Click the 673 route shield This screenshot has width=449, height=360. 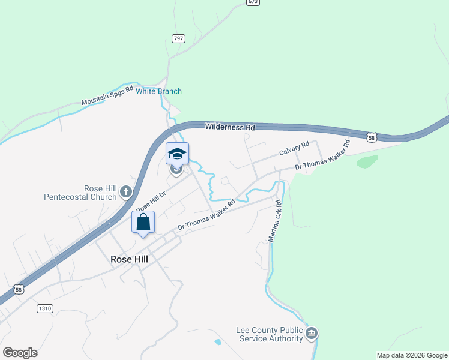coord(253,2)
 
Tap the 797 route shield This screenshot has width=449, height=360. coord(178,38)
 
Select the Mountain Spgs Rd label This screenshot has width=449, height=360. coord(107,98)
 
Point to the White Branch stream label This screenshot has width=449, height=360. coord(158,91)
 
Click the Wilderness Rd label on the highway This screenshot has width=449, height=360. coord(230,127)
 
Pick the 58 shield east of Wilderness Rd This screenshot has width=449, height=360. coord(373,137)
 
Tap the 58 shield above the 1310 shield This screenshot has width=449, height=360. coord(20,289)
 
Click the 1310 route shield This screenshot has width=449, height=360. coord(45,308)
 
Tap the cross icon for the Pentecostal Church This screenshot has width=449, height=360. coord(125,192)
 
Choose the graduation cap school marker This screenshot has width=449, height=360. coord(177,154)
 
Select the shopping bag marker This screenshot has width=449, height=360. coord(143,222)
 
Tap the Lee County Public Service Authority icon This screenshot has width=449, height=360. coord(311,334)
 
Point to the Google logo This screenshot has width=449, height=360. coord(20,353)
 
